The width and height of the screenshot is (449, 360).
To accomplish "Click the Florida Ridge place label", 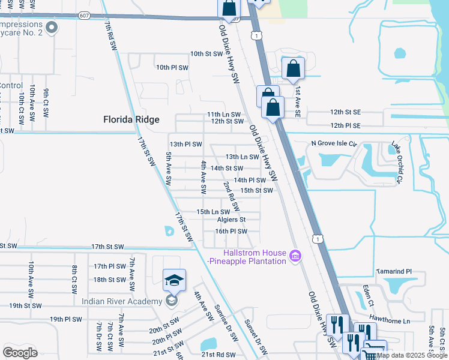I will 131,119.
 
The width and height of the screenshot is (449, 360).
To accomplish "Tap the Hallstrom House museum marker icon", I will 295,256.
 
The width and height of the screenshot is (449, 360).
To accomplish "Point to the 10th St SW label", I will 206,54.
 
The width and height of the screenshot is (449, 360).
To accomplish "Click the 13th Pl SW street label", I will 185,145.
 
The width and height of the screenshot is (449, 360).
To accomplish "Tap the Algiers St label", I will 232,220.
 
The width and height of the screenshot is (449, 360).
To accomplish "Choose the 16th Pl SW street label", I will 231,231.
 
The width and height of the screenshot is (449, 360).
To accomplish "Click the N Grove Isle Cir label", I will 334,144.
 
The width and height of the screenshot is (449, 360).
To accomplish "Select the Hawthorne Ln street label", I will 390,321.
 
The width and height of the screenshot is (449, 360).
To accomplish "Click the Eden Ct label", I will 370,295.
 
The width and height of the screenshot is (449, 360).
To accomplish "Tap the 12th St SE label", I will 345,112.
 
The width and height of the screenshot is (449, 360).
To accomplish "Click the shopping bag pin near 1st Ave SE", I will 292,70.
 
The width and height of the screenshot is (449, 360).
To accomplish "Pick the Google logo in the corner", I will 20,352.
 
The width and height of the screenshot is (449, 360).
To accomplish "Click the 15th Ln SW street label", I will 214,212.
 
